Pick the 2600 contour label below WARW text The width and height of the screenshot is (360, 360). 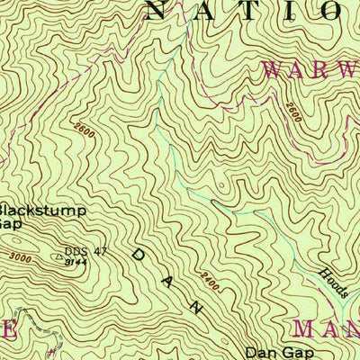tap(294, 112)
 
